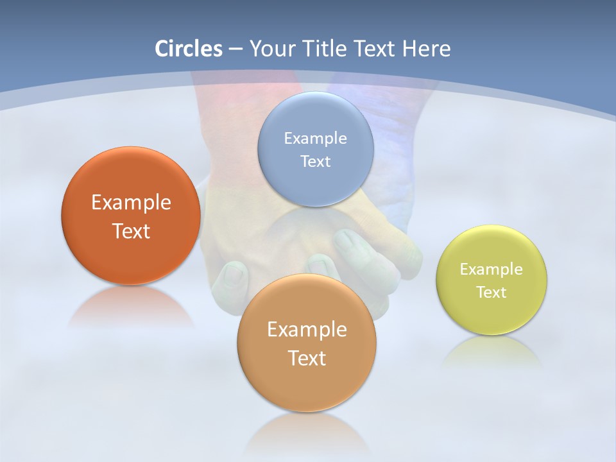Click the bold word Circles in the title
pos(188,49)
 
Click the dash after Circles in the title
pos(235,49)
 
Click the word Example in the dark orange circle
pos(131,203)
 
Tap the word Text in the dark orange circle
pos(131,232)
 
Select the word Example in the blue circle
pos(315,139)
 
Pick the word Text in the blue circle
pos(315,162)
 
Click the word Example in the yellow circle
pos(491,269)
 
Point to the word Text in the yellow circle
pos(491,293)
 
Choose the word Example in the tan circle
pos(307,330)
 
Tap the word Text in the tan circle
pos(307,359)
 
